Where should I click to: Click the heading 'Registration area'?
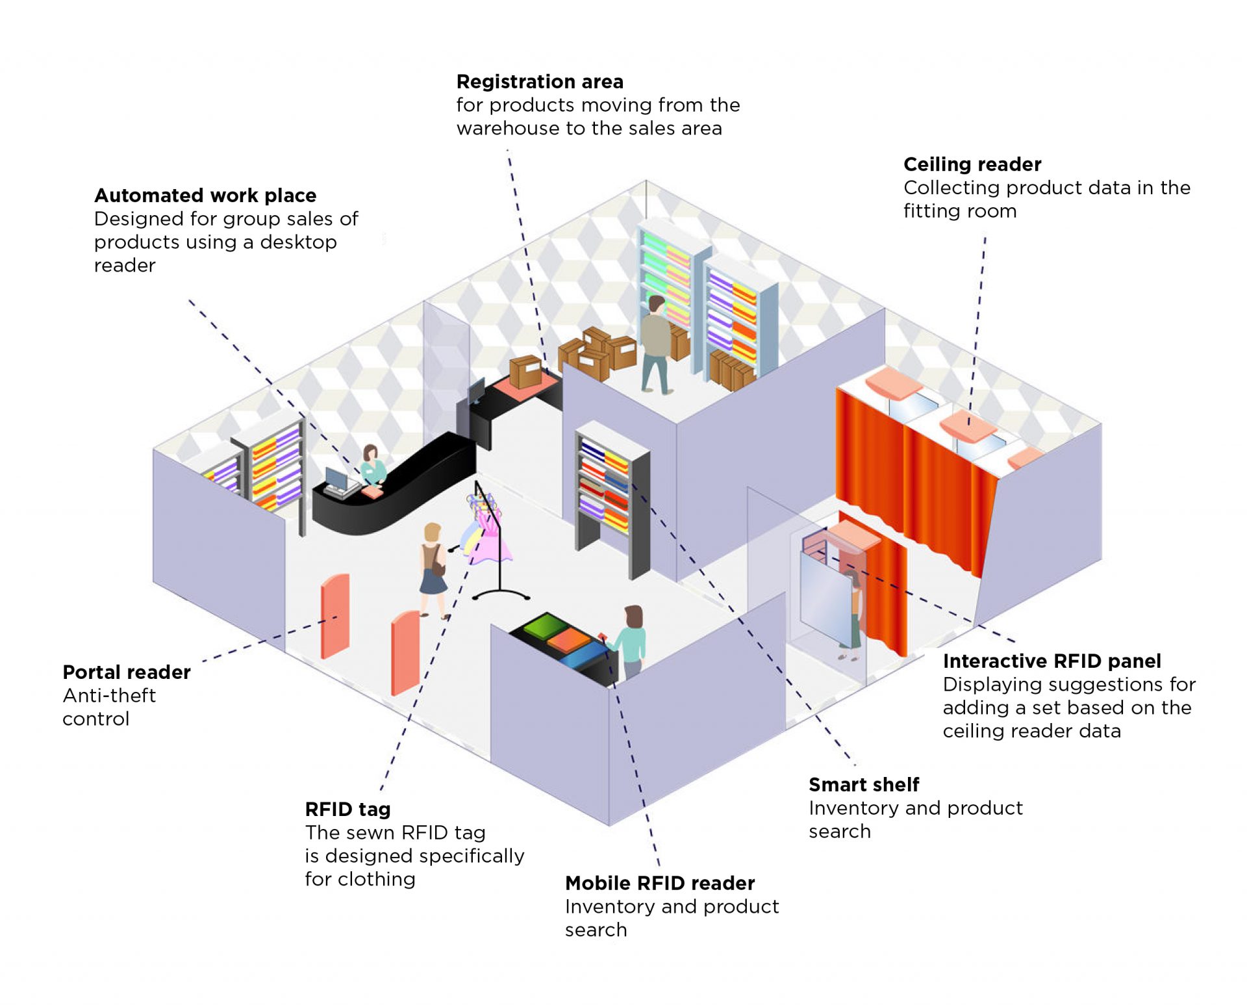point(540,82)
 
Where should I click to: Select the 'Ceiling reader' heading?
point(972,164)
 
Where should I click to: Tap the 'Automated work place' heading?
point(205,196)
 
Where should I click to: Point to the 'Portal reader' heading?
point(127,672)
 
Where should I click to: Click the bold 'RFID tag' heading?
point(347,809)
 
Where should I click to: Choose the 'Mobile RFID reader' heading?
point(660,884)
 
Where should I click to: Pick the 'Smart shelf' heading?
point(864,785)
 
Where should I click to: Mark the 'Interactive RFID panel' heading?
point(1052,661)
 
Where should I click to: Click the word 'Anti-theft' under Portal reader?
point(109,696)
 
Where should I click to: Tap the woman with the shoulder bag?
point(432,568)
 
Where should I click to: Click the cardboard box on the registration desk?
point(525,372)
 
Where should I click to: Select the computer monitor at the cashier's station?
point(336,479)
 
